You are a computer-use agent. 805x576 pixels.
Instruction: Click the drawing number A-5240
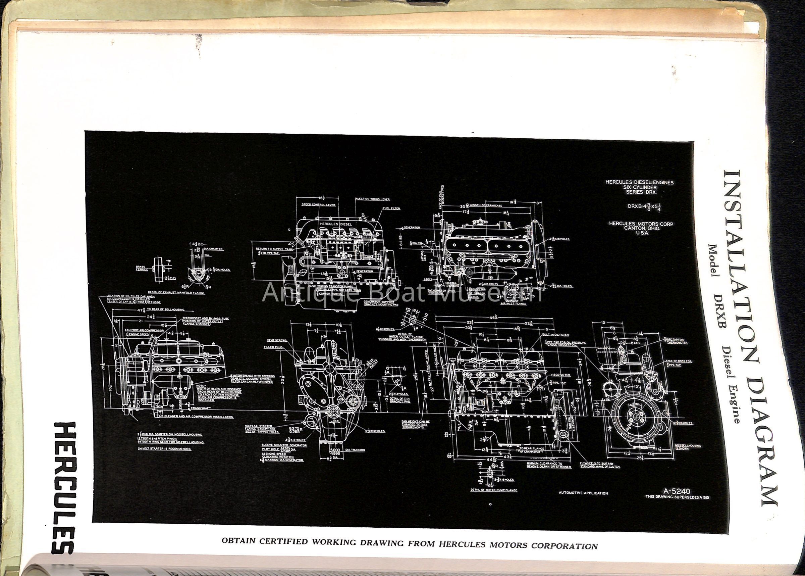coord(677,491)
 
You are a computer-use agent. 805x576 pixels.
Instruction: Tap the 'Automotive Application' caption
coord(583,493)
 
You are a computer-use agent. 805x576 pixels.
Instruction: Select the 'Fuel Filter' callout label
coord(391,208)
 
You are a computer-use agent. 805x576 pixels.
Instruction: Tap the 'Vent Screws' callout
coord(277,340)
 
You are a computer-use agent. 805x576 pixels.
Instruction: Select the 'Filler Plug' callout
coord(273,348)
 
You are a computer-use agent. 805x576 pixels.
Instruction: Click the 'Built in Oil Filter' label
coord(555,334)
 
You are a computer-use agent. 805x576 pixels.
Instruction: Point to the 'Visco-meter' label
coord(560,375)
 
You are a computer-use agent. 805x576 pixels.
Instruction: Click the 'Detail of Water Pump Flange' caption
coord(493,490)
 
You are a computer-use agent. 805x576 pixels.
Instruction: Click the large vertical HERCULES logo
coord(64,487)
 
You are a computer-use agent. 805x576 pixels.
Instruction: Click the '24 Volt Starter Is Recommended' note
coord(164,449)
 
